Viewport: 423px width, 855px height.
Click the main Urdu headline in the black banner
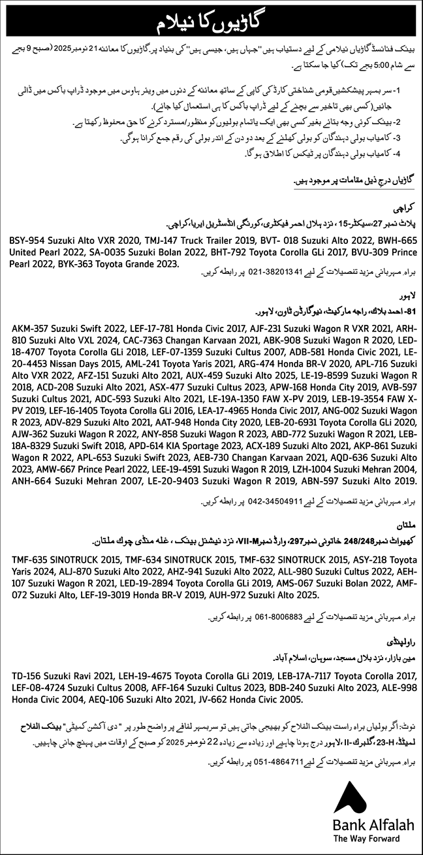211,22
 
